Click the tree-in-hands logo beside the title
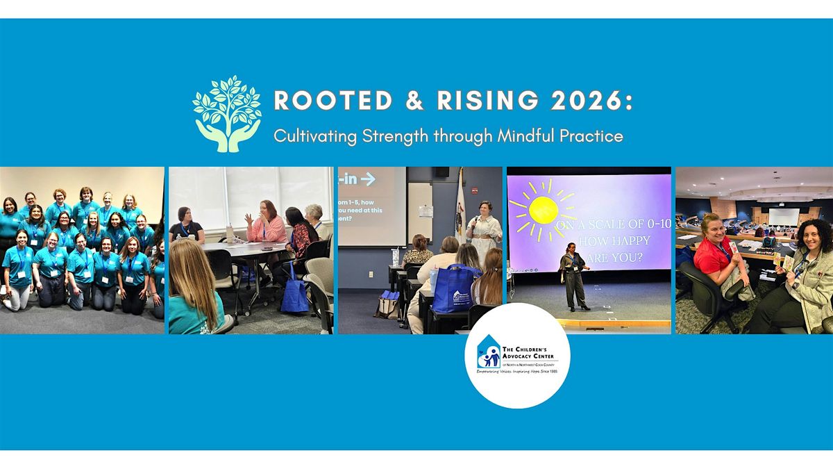(x=226, y=113)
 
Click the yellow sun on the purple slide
(x=544, y=210)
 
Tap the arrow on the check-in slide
(x=367, y=179)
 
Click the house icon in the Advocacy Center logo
(x=490, y=356)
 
